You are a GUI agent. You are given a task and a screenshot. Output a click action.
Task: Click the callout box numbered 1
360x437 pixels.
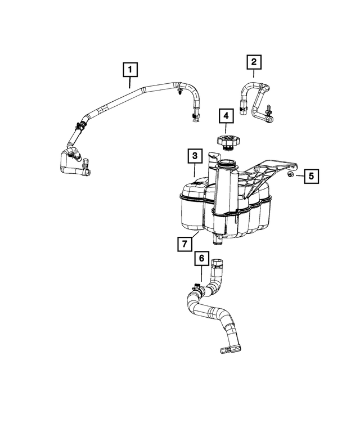(130, 70)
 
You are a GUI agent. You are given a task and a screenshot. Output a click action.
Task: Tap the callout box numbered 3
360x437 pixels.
(193, 155)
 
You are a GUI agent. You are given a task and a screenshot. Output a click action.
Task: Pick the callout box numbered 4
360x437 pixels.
(226, 116)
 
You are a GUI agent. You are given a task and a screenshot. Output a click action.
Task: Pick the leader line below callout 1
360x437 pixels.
(130, 82)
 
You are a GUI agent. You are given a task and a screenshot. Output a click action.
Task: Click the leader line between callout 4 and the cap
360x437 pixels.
(226, 129)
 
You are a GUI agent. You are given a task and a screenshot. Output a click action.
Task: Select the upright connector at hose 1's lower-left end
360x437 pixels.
(86, 164)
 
